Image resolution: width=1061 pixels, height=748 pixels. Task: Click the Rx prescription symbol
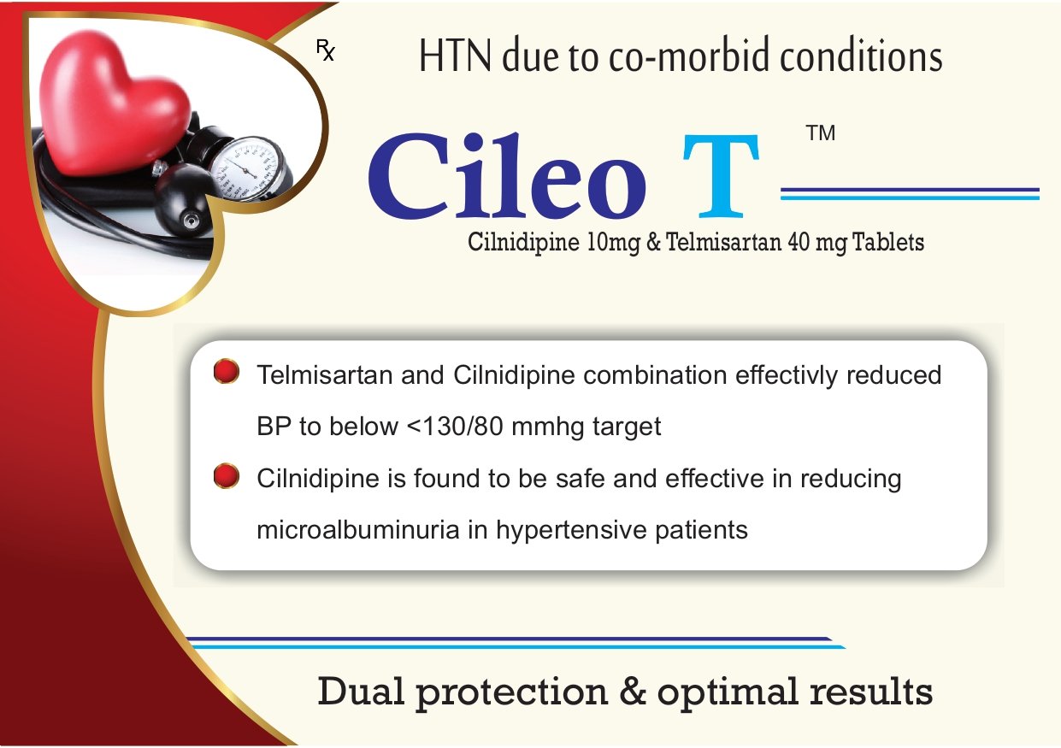pos(326,50)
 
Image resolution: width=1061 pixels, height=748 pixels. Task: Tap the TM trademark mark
pos(821,133)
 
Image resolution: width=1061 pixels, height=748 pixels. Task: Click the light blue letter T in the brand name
pos(721,176)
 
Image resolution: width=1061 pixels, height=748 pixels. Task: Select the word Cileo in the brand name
pos(507,175)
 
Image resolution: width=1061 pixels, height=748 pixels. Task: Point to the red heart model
pos(114,102)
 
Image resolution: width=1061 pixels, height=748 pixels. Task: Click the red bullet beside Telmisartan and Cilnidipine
pos(227,371)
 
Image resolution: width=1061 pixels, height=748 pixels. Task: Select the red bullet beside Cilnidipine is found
pos(227,475)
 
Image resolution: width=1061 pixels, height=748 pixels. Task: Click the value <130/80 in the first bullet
pos(455,426)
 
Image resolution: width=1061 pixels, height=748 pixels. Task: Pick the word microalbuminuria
pos(358,530)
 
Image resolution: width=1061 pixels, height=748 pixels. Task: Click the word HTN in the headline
pos(455,56)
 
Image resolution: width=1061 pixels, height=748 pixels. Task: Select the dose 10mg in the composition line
pos(613,243)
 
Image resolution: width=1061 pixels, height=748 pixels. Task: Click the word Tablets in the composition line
pos(888,242)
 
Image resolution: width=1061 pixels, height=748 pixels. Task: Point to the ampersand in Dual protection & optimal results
pos(633,691)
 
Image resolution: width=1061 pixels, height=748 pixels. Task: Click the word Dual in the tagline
pos(361,692)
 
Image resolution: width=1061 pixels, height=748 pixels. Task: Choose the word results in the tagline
pos(871,692)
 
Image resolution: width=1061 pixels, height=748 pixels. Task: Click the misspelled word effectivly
pos(787,375)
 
